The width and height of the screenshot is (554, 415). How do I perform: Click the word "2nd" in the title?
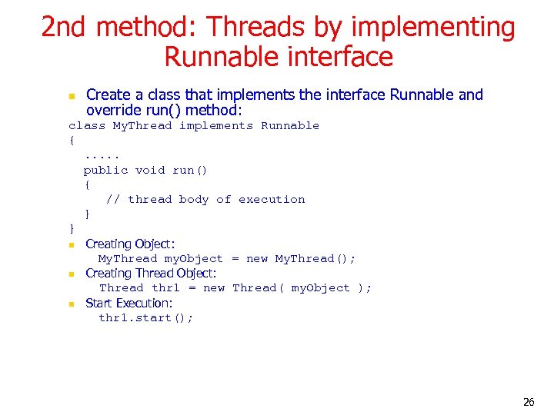[65, 27]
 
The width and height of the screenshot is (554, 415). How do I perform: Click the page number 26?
[529, 402]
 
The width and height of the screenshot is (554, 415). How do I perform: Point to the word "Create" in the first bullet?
[108, 95]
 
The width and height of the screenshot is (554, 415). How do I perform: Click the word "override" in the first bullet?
[114, 110]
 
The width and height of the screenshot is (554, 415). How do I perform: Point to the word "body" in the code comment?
[193, 199]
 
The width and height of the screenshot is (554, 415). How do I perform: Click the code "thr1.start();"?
[146, 317]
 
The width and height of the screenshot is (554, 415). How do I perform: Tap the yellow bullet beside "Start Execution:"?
[70, 304]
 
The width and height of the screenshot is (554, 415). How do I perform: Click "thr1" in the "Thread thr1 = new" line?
[165, 288]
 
